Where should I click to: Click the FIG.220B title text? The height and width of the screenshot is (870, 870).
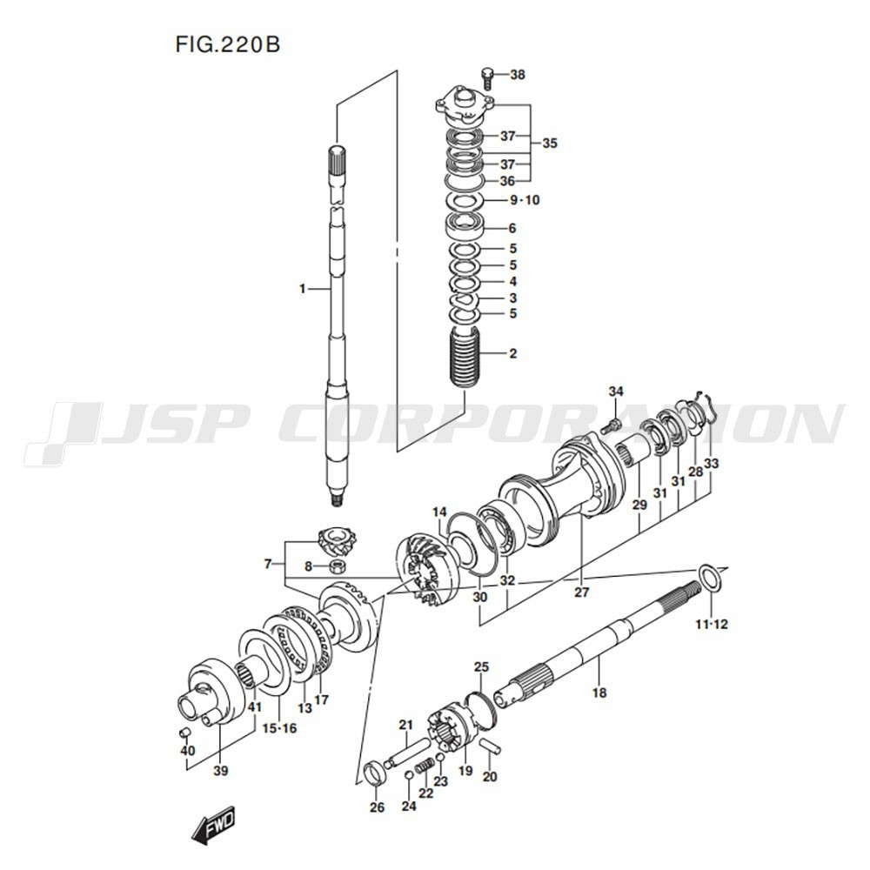click(x=228, y=44)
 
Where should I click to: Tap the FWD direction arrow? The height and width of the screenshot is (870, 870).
click(x=213, y=823)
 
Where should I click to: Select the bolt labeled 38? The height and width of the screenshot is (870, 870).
click(x=487, y=77)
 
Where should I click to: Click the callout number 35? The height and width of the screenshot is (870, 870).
click(x=549, y=144)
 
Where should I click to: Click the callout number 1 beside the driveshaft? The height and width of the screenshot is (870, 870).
click(x=303, y=289)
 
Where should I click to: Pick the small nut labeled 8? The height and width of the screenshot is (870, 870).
click(x=336, y=566)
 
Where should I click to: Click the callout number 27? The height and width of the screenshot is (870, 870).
click(x=581, y=592)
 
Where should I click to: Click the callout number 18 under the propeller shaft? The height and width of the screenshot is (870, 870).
click(x=599, y=693)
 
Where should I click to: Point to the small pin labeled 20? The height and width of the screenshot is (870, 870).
click(x=492, y=746)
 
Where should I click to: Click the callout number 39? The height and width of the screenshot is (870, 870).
click(x=221, y=771)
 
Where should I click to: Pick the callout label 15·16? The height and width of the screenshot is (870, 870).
click(x=279, y=728)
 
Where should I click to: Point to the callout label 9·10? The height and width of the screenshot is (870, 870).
click(x=525, y=200)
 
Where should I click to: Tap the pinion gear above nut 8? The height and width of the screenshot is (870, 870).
click(x=338, y=541)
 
